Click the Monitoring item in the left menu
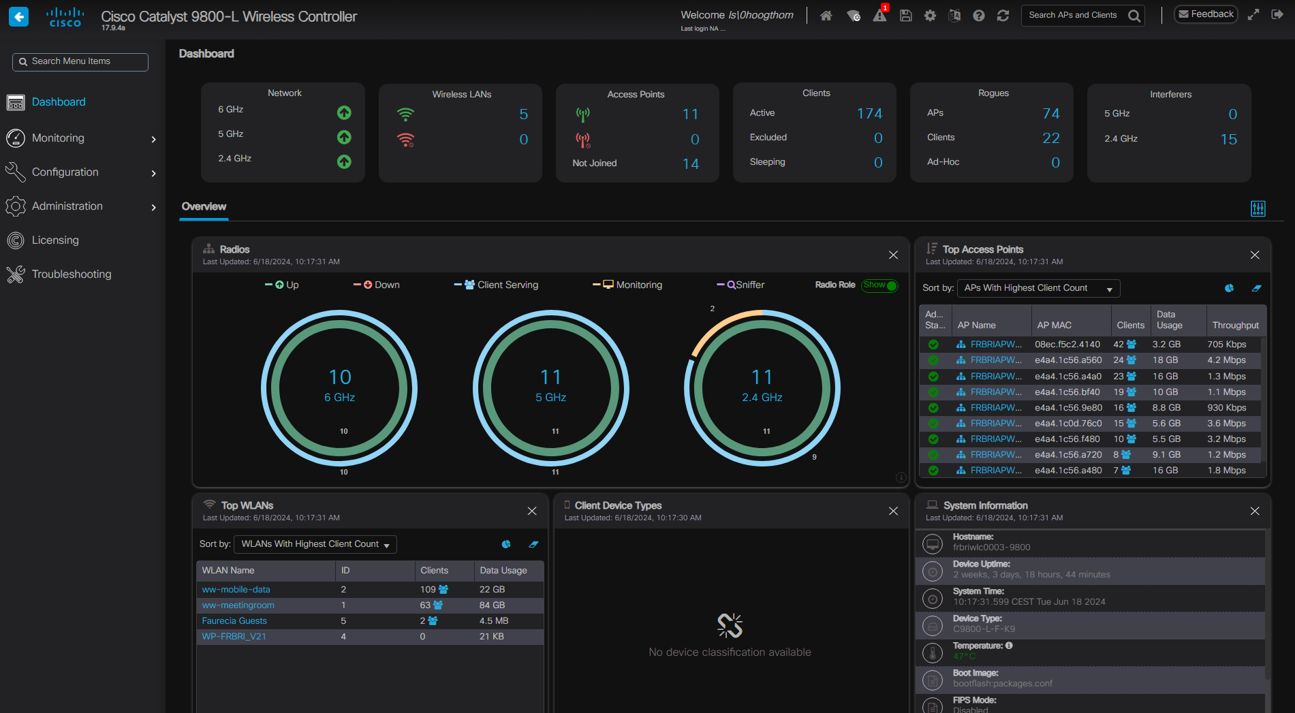pyautogui.click(x=59, y=138)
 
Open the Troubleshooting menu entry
pyautogui.click(x=71, y=274)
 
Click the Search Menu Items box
pyautogui.click(x=80, y=62)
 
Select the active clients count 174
pyautogui.click(x=869, y=114)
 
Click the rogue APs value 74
pyautogui.click(x=1050, y=114)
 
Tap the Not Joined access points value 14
pyautogui.click(x=690, y=164)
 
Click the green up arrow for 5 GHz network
pyautogui.click(x=344, y=138)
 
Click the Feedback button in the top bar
pyautogui.click(x=1206, y=14)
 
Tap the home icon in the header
pyautogui.click(x=826, y=16)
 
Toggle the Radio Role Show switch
pyautogui.click(x=879, y=285)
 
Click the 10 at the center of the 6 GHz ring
pyautogui.click(x=340, y=377)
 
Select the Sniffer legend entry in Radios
pyautogui.click(x=745, y=285)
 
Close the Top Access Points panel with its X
pyautogui.click(x=1254, y=255)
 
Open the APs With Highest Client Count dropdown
pyautogui.click(x=1037, y=289)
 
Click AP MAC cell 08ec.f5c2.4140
pyautogui.click(x=1067, y=345)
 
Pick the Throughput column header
pyautogui.click(x=1235, y=326)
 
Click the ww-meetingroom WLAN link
pyautogui.click(x=238, y=605)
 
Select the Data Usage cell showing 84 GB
pyautogui.click(x=492, y=605)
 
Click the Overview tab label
pyautogui.click(x=204, y=207)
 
